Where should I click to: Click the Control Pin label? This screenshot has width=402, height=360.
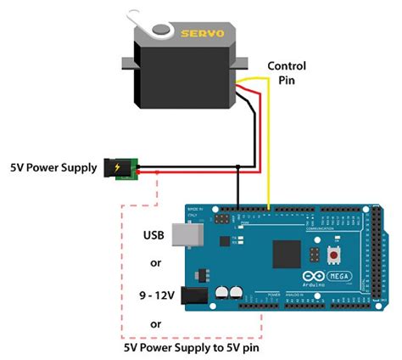point(290,74)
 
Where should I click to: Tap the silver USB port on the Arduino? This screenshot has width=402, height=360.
point(181,236)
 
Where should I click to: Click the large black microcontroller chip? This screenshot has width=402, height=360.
point(287,254)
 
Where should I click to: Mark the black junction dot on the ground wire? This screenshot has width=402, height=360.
point(237,166)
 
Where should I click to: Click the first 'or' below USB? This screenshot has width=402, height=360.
point(156,263)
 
